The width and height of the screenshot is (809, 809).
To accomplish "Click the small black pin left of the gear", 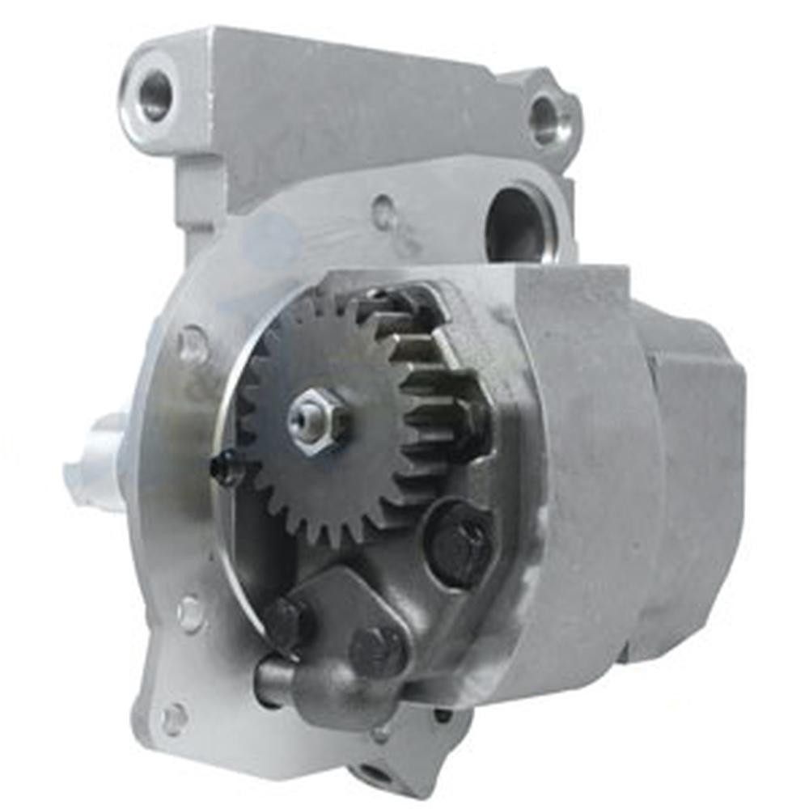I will (224, 468).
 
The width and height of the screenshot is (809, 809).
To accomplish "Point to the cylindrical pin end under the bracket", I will (271, 676).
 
